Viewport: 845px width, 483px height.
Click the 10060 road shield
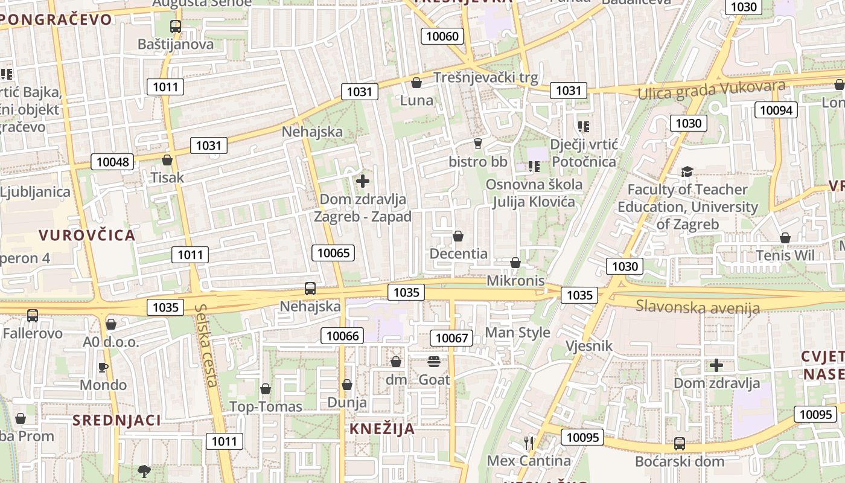tap(442, 36)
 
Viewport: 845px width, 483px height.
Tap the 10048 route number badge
tap(112, 161)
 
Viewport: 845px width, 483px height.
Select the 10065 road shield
tap(333, 253)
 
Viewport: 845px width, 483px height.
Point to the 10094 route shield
tap(776, 110)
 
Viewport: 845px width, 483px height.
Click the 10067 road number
tap(451, 338)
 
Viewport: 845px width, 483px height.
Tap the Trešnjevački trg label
tap(486, 78)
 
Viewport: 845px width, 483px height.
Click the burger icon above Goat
tap(434, 362)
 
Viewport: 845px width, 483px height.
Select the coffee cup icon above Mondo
tap(103, 367)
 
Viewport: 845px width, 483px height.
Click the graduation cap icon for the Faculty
tap(687, 172)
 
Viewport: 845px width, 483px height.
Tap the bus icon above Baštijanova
tap(176, 27)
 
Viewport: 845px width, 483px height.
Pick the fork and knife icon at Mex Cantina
tap(529, 443)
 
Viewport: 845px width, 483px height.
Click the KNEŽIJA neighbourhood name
tap(383, 429)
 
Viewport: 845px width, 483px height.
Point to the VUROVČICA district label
tap(87, 235)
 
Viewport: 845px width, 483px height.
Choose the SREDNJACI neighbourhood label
tap(117, 420)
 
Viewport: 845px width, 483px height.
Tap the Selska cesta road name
tap(206, 345)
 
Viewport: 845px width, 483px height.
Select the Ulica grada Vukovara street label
tap(712, 89)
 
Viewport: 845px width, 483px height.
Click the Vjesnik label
tap(589, 347)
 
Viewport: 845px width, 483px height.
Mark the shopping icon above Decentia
tap(458, 236)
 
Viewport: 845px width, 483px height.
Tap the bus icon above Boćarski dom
tap(679, 444)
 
